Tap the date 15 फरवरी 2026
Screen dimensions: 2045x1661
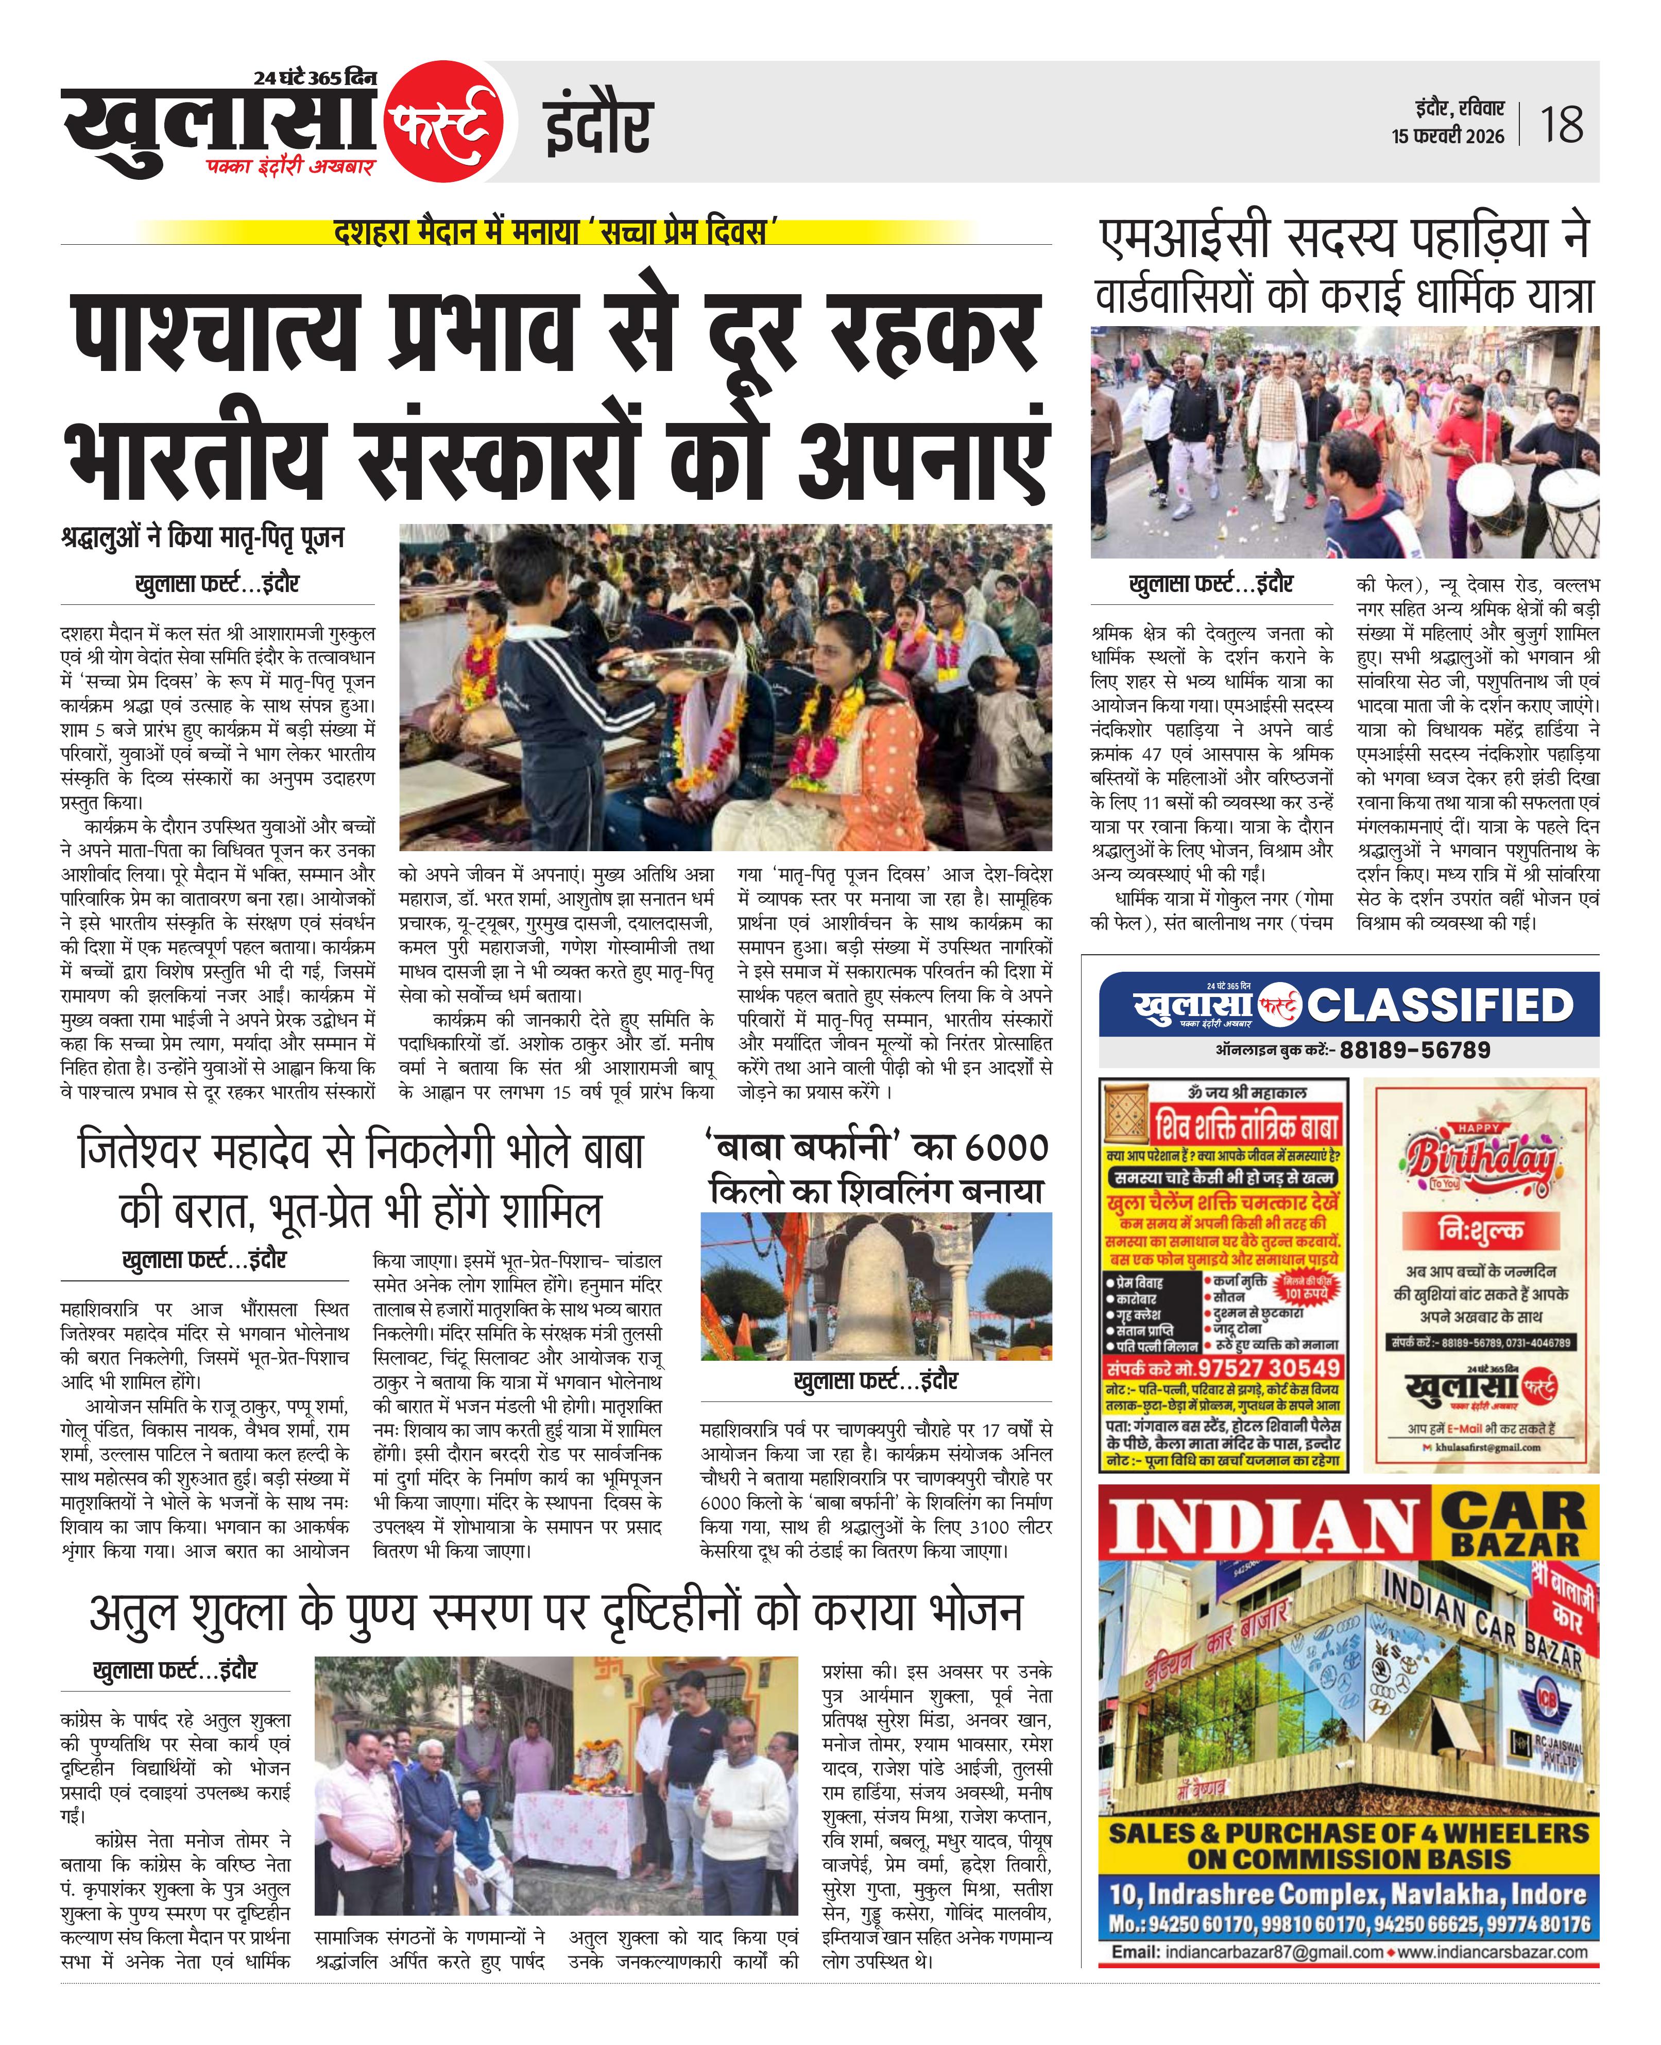click(1448, 136)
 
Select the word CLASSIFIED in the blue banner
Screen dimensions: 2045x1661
click(1440, 1005)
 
